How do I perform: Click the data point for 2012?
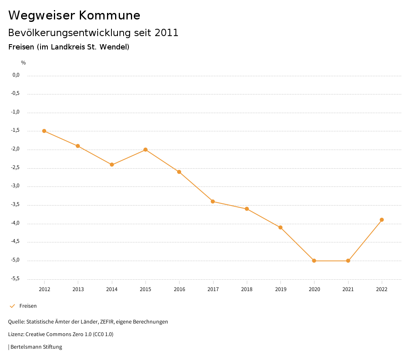tap(44, 131)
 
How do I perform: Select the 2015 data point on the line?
tap(145, 150)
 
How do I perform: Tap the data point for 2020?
tap(314, 261)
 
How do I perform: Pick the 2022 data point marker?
tap(382, 220)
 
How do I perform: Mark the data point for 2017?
tap(213, 201)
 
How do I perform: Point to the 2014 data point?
tap(112, 165)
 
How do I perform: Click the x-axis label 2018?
tap(247, 289)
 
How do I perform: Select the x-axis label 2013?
tap(78, 289)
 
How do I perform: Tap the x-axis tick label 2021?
tap(348, 289)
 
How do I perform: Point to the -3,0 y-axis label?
tap(16, 186)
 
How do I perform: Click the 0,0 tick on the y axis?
tap(16, 75)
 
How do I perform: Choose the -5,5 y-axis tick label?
tap(16, 279)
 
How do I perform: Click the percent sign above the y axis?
tap(24, 63)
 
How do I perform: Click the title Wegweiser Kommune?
tap(74, 15)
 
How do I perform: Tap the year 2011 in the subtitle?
tap(167, 33)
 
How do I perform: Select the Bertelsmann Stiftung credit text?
tap(36, 347)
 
